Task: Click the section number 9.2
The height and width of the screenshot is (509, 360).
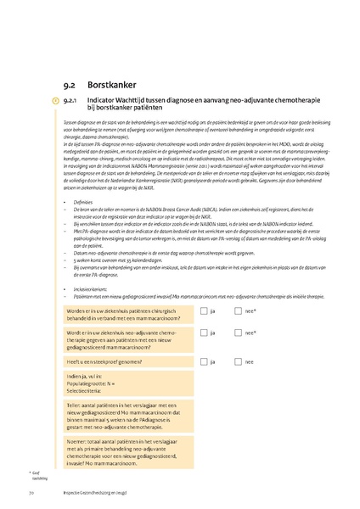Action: (71, 85)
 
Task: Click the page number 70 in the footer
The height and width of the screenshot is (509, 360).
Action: (31, 493)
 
